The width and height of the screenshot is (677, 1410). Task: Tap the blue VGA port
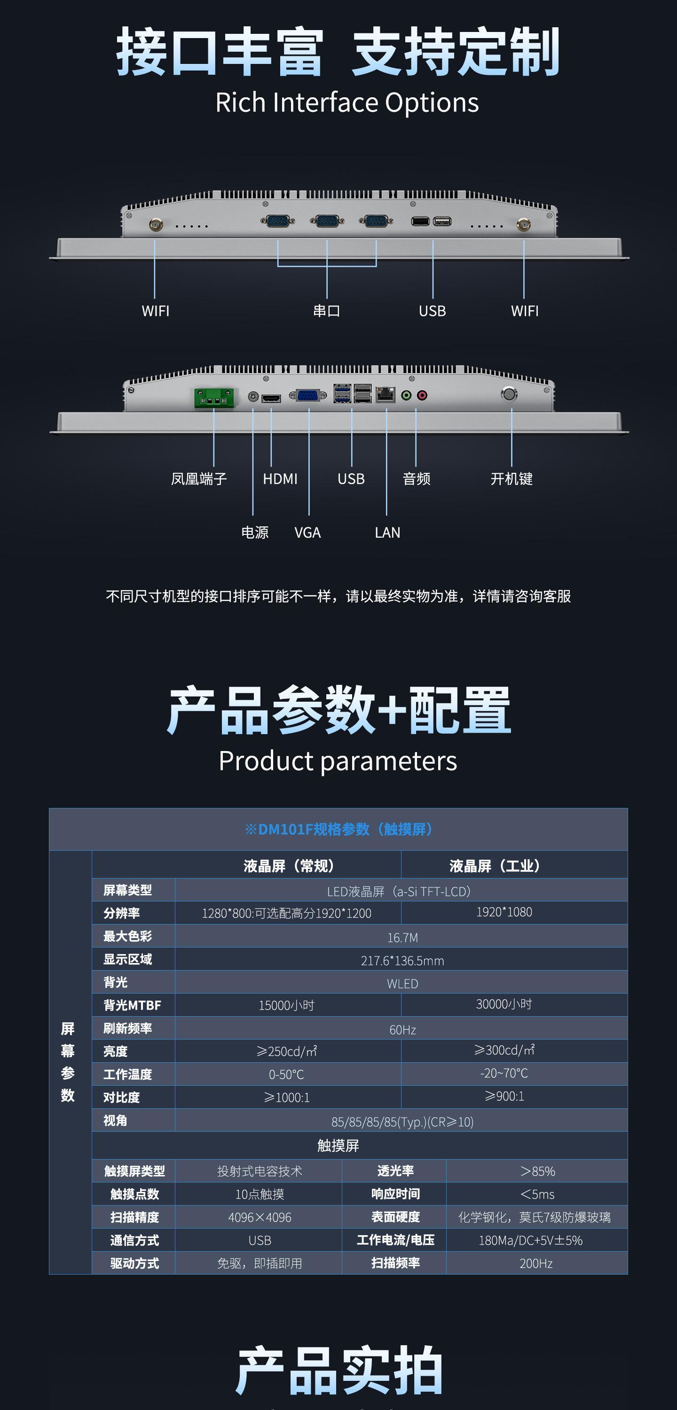308,395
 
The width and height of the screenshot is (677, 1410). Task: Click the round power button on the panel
509,394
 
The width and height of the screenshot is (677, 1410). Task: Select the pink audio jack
422,395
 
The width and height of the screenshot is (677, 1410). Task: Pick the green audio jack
406,395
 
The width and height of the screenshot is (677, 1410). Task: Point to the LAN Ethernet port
386,394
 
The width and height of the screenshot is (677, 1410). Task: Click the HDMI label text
280,479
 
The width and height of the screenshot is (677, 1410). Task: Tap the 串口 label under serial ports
326,311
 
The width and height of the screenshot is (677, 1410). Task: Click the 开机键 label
512,479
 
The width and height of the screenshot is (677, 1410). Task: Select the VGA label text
307,533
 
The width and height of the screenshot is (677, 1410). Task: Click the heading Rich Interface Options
346,102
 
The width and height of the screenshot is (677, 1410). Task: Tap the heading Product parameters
338,761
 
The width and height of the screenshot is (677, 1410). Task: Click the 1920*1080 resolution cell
504,912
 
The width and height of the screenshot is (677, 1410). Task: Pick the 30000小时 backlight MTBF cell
504,1004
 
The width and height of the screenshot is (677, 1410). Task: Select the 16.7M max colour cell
402,938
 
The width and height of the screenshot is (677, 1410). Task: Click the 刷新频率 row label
127,1028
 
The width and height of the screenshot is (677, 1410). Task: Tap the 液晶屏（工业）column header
495,866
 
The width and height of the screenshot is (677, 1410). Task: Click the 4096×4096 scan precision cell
260,1217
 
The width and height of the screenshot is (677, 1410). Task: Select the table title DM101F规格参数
338,829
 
